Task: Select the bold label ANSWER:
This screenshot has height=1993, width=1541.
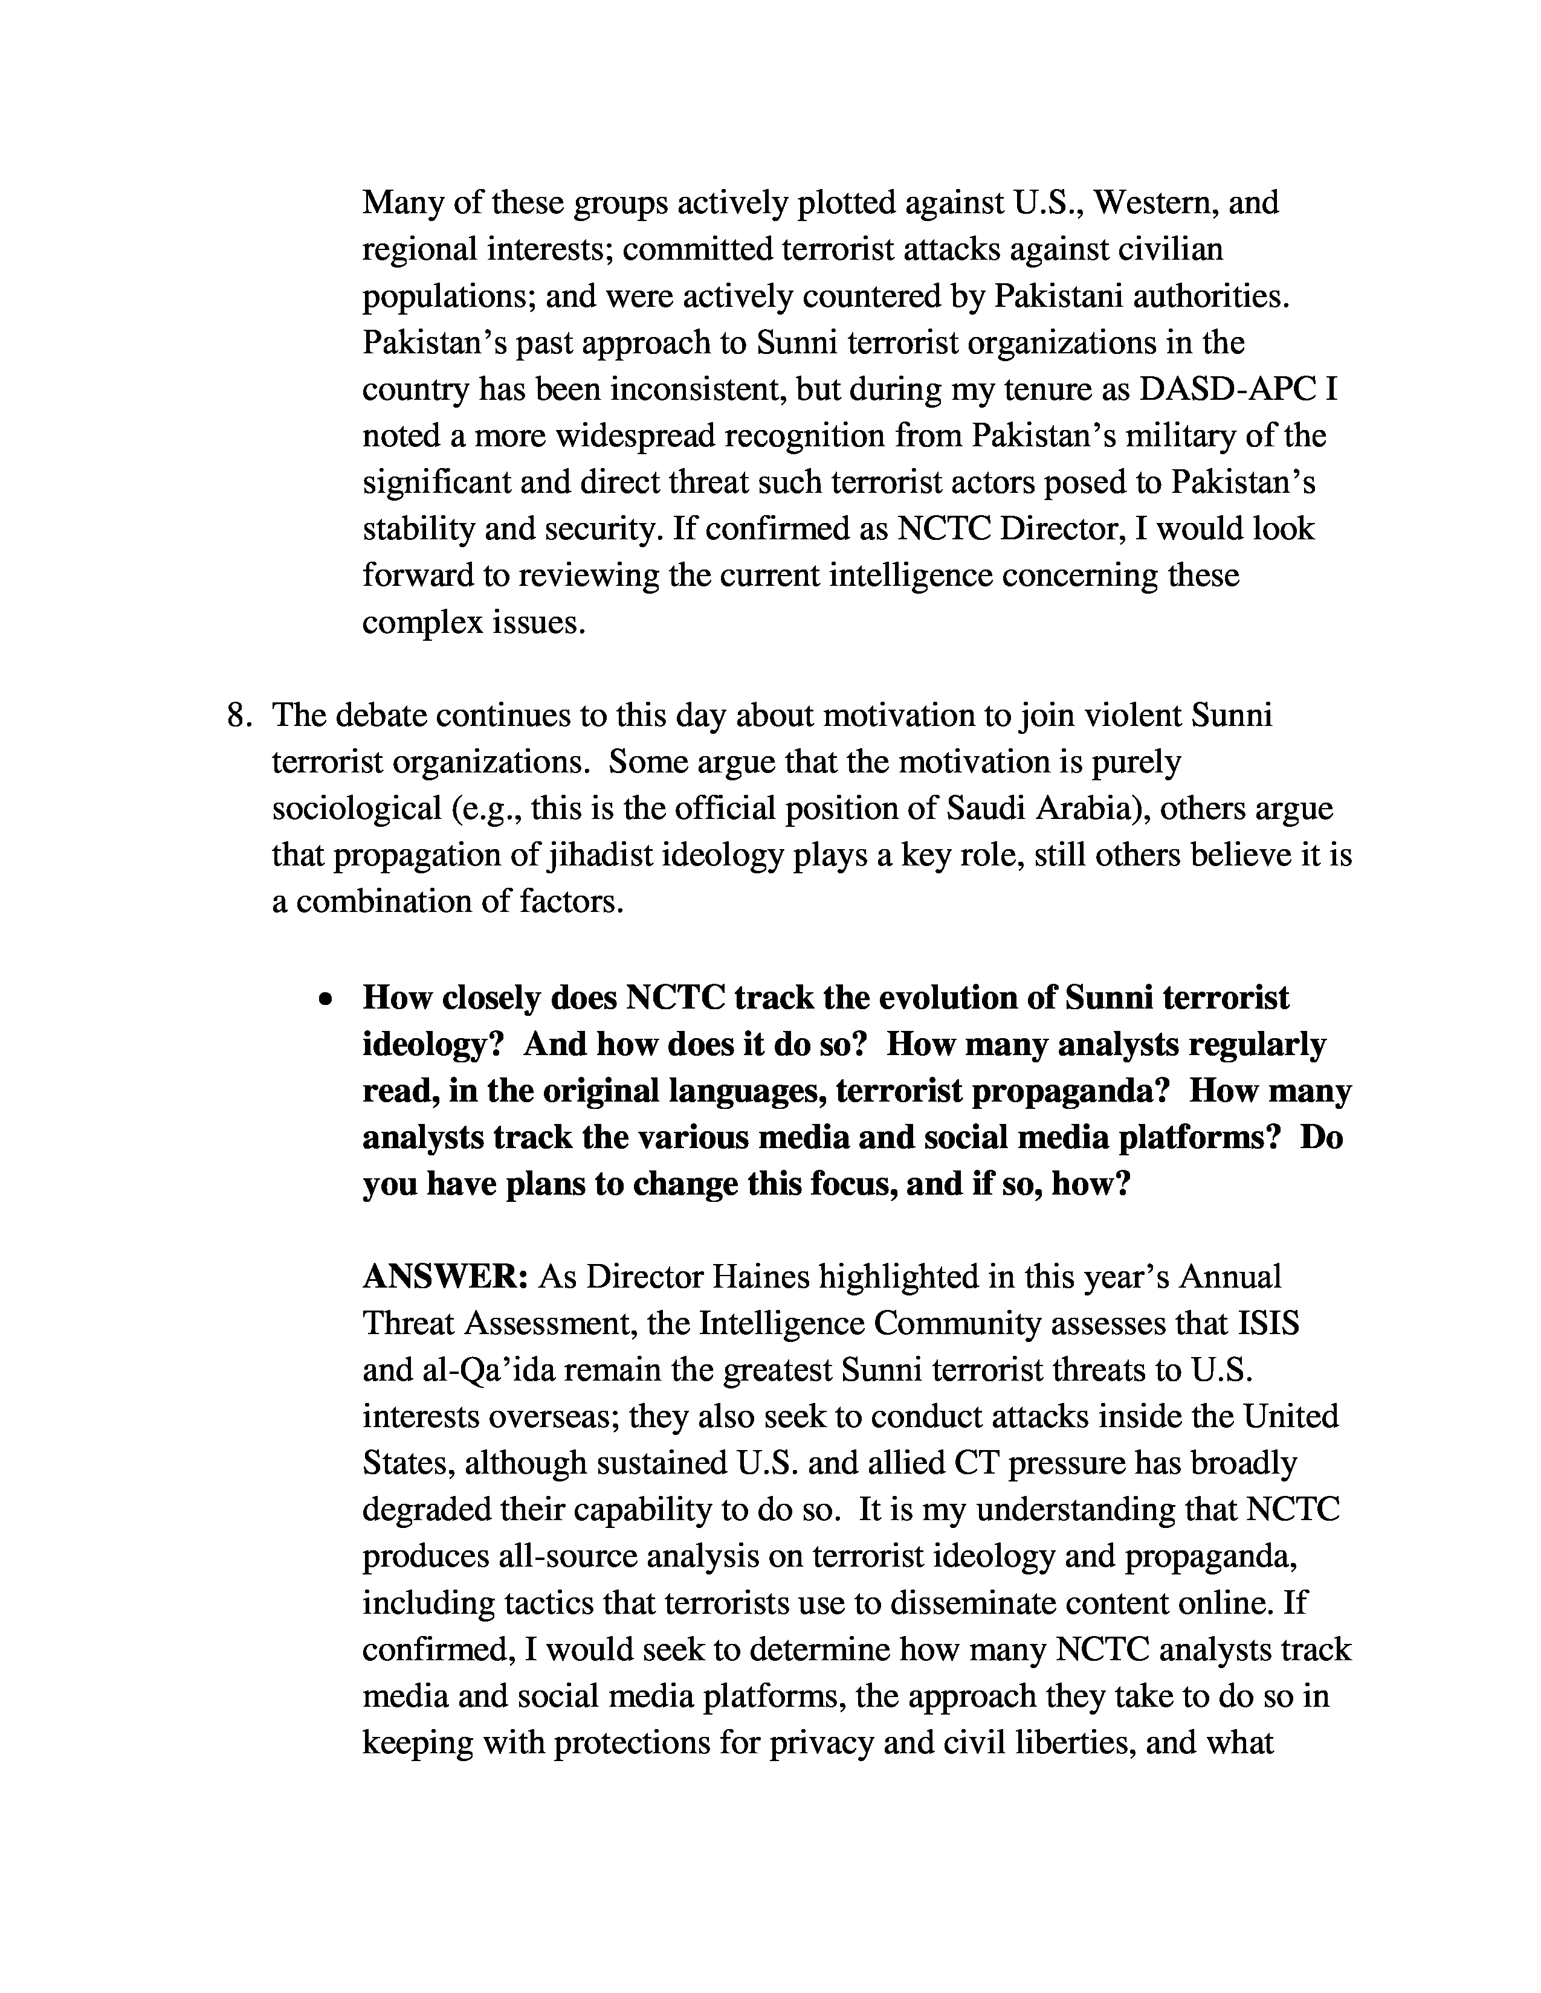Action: [x=445, y=1276]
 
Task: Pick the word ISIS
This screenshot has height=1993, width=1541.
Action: [x=1268, y=1322]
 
